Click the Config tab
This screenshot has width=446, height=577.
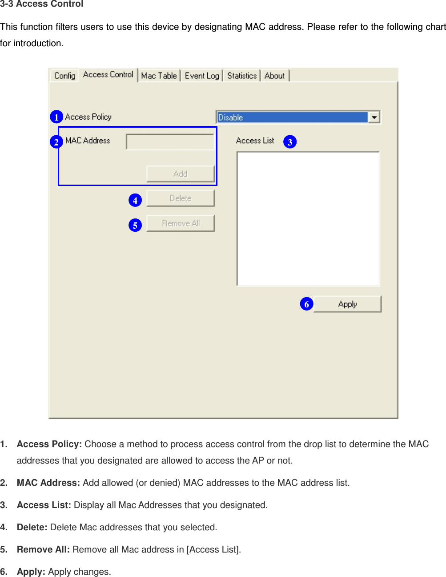(64, 76)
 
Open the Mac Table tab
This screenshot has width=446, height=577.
(159, 76)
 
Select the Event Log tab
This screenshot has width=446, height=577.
(202, 76)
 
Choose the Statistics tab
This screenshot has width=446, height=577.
(242, 76)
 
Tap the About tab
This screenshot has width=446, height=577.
(274, 76)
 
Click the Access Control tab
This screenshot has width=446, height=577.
(108, 75)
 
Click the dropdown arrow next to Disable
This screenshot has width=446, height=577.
(374, 117)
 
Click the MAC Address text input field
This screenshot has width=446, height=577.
(170, 142)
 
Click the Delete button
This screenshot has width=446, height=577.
(181, 198)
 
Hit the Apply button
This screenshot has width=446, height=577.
(347, 304)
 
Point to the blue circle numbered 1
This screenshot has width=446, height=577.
(56, 117)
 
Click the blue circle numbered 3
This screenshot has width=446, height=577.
(290, 142)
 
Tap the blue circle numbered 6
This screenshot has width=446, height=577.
(306, 304)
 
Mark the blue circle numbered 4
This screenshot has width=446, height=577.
(135, 200)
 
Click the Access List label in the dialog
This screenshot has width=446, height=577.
(255, 141)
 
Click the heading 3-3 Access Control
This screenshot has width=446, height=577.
(42, 4)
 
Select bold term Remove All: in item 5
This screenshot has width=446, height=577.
(43, 549)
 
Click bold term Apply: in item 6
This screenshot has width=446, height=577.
(31, 572)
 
